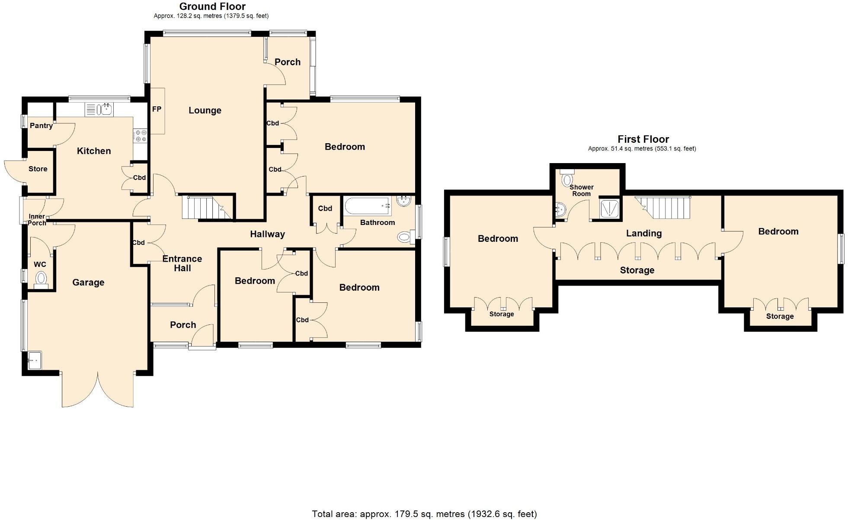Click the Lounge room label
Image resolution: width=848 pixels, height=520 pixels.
(205, 110)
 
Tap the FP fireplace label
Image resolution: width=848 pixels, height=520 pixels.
(157, 109)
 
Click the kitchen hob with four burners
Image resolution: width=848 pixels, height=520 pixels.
(140, 135)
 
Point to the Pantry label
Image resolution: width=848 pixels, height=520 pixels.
(41, 125)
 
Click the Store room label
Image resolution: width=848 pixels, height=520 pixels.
(38, 169)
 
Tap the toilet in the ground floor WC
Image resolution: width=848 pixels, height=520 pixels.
(41, 278)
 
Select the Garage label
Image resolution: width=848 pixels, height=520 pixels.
(88, 282)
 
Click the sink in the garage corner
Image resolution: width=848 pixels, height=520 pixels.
(34, 360)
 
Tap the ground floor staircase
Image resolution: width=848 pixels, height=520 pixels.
(205, 208)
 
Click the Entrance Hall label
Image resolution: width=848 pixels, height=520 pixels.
(182, 263)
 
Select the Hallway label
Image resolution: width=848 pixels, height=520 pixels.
(267, 234)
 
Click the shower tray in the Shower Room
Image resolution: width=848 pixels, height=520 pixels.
(610, 209)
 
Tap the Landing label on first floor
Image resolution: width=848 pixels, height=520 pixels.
(644, 233)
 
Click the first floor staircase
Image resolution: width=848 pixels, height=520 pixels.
(666, 208)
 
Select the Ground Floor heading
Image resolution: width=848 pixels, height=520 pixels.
(212, 6)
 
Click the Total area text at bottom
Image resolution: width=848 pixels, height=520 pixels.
(424, 514)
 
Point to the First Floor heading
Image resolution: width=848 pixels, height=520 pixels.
(643, 139)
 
